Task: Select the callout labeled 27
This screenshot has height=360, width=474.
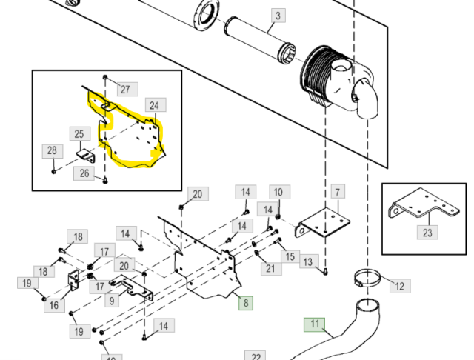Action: [x=125, y=89]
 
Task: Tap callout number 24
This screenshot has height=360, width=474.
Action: [x=154, y=105]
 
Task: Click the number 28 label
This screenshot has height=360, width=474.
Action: [x=52, y=151]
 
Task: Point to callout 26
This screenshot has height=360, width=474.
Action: [x=84, y=174]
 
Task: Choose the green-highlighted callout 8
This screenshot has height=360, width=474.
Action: [x=245, y=302]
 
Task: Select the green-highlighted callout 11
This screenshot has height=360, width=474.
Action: [x=315, y=324]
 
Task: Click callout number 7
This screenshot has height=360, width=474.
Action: [x=337, y=193]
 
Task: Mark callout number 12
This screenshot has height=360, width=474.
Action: [x=398, y=286]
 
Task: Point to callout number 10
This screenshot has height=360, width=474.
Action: [x=277, y=193]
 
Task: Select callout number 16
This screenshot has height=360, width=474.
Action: [x=53, y=305]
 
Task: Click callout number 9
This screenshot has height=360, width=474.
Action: [x=112, y=301]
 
